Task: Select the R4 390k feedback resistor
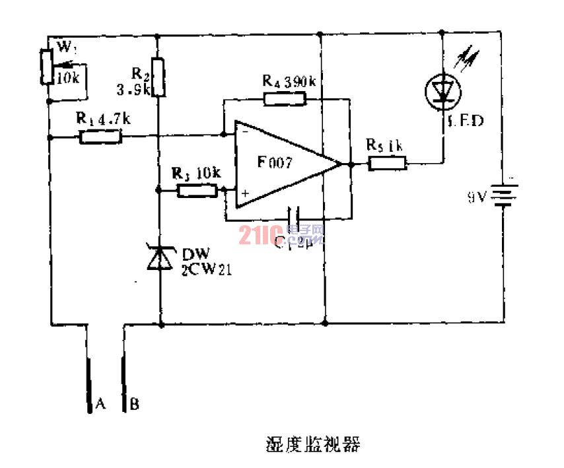(x=285, y=100)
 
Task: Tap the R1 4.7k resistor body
(x=100, y=137)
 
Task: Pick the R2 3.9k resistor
(x=158, y=77)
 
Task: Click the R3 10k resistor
(x=197, y=191)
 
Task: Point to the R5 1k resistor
(x=387, y=162)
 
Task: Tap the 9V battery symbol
(x=505, y=195)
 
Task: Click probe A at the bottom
(x=89, y=383)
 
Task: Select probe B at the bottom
(x=124, y=383)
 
